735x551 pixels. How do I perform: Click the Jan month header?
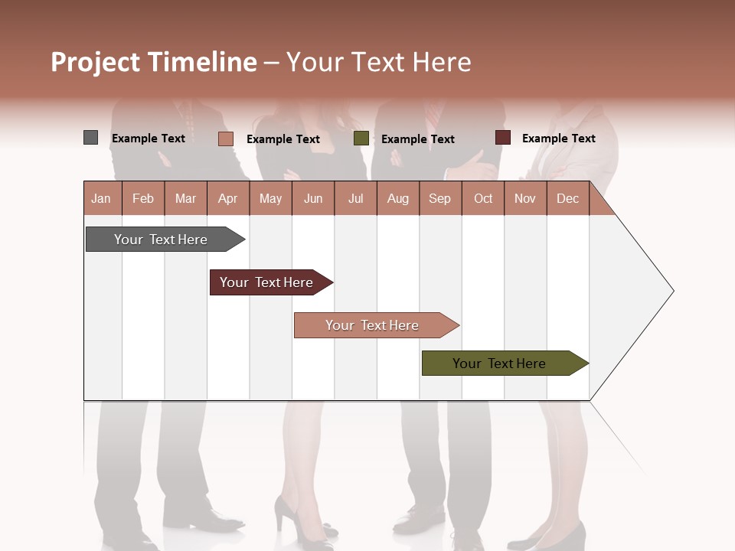coord(101,198)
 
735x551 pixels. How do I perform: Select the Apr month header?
coord(227,198)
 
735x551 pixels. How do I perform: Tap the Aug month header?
coord(397,198)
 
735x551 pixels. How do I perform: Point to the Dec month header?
coord(567,198)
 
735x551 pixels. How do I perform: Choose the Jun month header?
coord(312,198)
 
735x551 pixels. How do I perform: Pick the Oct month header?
coord(482,198)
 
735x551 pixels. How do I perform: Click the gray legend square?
coord(90,138)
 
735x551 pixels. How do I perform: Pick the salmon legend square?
coord(225,139)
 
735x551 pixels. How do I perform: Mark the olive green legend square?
coord(361,139)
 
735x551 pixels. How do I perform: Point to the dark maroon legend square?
coord(502,138)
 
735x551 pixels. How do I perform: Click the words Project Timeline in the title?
coord(153,62)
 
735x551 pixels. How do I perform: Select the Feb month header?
coord(143,198)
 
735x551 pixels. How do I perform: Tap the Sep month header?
coord(439,198)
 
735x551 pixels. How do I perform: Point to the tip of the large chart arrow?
coord(672,291)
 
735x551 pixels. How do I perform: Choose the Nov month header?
coord(524,198)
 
